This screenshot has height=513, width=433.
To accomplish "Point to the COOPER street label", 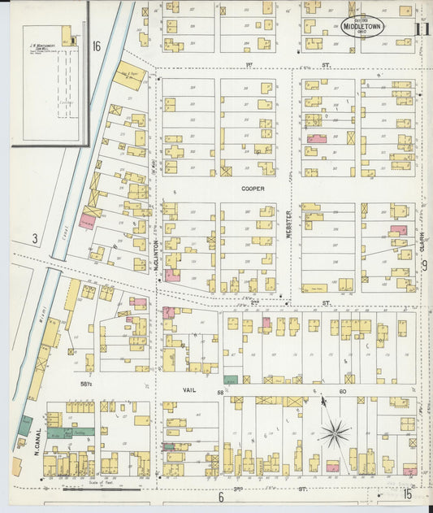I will [253, 187].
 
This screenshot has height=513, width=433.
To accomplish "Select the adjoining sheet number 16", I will [97, 46].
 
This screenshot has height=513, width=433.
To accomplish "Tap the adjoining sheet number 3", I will [34, 238].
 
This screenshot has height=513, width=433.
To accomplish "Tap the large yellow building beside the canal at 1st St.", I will [131, 74].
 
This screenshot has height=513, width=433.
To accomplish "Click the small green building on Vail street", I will [232, 379].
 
